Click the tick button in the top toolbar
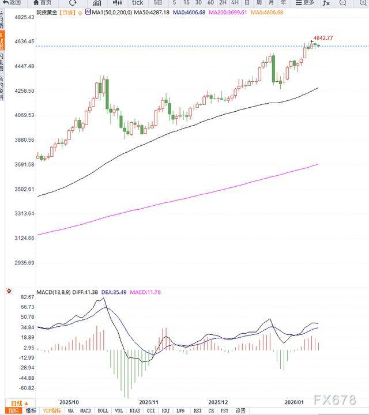click(x=137, y=3)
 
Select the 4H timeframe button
click(x=235, y=3)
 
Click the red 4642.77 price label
click(x=322, y=38)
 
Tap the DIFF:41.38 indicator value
click(x=82, y=292)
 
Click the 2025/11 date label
click(x=148, y=402)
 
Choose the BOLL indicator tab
click(x=102, y=411)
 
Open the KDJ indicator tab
click(x=165, y=411)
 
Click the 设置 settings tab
click(x=240, y=411)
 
